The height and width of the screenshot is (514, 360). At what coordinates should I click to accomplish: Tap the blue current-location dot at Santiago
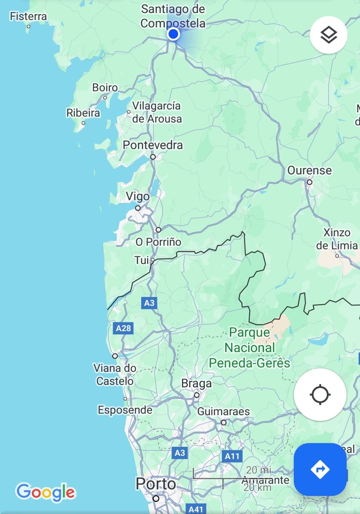173,34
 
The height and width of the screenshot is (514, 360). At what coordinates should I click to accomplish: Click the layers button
329,35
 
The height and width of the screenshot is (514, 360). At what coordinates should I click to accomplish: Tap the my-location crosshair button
320,395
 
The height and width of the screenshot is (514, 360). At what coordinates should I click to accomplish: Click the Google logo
46,492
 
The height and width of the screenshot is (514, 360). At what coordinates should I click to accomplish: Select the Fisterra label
28,16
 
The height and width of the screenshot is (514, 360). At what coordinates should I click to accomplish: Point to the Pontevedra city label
153,145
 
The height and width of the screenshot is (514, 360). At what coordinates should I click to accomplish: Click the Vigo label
138,196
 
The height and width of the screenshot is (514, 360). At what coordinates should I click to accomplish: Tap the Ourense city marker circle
309,182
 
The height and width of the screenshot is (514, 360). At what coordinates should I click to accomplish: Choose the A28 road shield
123,328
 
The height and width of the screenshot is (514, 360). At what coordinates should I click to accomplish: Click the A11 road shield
232,456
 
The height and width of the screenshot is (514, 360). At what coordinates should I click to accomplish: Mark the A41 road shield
196,509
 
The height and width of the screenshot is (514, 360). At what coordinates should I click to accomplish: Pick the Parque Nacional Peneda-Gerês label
250,348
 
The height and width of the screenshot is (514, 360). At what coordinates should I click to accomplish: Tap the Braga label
196,383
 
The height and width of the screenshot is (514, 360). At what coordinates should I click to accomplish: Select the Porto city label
156,484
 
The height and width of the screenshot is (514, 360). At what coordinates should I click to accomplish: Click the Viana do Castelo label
115,375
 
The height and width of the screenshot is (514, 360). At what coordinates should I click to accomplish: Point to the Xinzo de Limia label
337,239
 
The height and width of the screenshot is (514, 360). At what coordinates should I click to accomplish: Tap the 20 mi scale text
259,470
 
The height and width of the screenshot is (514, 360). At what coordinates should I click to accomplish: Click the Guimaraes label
223,411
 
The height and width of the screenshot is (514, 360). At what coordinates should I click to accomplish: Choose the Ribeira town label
83,113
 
